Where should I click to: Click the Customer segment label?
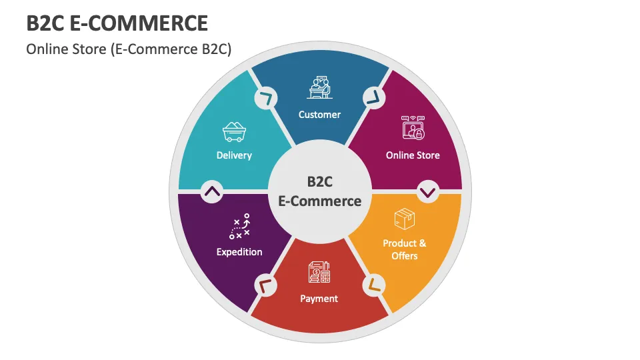click(319, 115)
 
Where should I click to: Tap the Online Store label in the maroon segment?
click(413, 155)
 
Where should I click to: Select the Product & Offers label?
click(405, 249)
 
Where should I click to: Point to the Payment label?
click(319, 299)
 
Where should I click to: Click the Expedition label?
click(239, 252)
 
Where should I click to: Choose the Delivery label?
click(234, 155)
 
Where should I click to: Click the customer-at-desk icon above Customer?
click(319, 87)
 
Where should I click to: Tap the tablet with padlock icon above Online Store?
click(413, 128)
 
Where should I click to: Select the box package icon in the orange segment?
click(405, 219)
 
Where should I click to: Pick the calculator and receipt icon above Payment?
click(319, 272)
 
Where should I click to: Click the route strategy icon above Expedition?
click(239, 226)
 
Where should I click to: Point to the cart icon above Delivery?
click(234, 132)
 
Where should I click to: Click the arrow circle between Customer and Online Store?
click(374, 97)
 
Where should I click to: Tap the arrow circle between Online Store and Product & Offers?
click(428, 191)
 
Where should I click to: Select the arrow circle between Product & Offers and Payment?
click(374, 285)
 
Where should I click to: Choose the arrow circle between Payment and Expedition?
click(266, 285)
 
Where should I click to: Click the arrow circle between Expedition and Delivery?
click(212, 191)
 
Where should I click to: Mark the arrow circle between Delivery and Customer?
click(266, 98)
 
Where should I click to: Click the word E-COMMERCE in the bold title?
click(139, 23)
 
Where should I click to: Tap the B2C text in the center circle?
click(319, 181)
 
